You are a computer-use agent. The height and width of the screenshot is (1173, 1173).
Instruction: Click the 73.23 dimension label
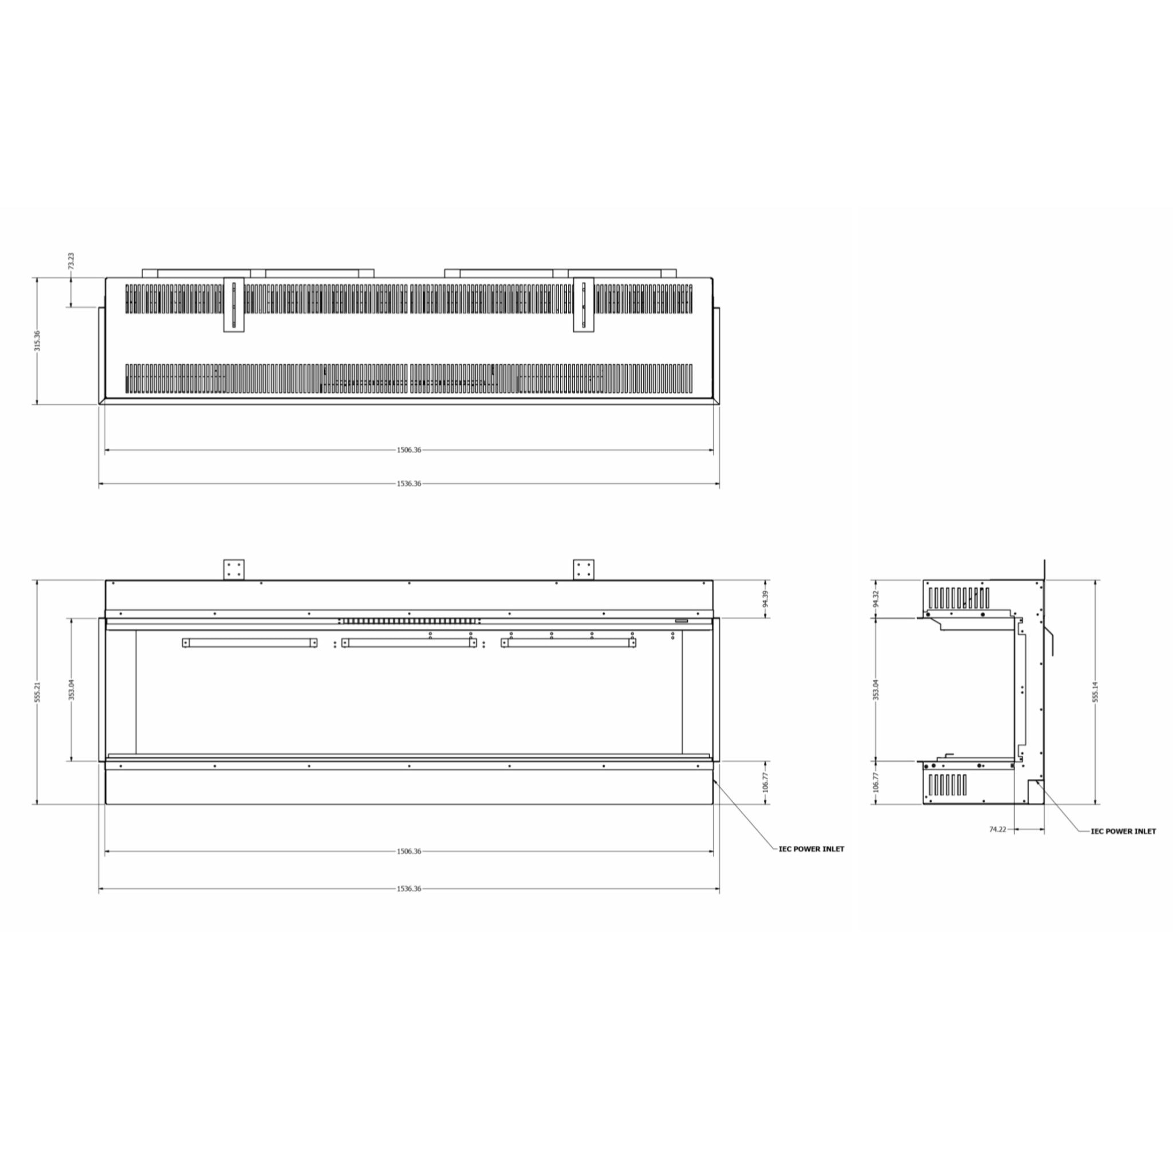pos(71,261)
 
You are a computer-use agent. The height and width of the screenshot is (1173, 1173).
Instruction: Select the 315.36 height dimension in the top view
pos(38,341)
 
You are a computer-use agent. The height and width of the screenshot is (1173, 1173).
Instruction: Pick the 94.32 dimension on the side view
pos(876,599)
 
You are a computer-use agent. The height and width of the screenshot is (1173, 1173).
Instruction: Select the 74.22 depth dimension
pos(998,829)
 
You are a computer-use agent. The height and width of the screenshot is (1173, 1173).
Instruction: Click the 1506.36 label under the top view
pos(408,450)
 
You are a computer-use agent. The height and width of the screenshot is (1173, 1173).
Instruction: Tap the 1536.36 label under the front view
pos(408,888)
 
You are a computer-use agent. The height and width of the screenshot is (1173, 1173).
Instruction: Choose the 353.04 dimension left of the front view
pos(72,690)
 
